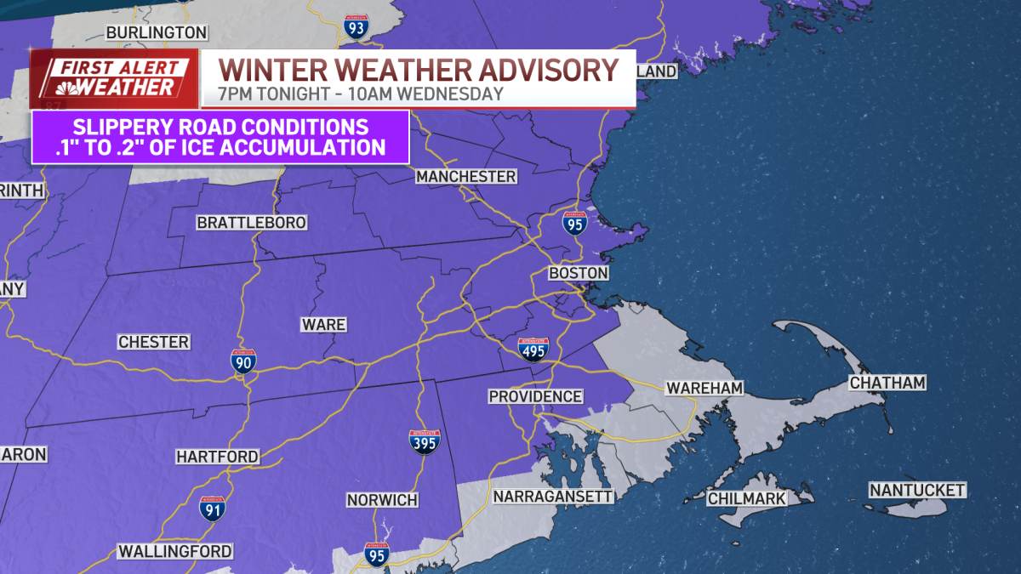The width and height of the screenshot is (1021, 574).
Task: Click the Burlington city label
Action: [x=156, y=32]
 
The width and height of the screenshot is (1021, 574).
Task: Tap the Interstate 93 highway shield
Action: [x=357, y=26]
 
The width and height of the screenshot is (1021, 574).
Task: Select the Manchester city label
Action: [x=465, y=177]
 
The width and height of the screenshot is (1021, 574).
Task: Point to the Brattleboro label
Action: [x=251, y=223]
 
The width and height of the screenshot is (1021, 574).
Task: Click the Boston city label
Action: [x=579, y=273]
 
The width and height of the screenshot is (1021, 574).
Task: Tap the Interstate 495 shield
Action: [x=533, y=349]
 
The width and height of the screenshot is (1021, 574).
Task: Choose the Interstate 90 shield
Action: [x=242, y=361]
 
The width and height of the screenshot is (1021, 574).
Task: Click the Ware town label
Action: [x=323, y=325]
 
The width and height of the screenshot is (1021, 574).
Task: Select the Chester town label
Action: [x=153, y=342]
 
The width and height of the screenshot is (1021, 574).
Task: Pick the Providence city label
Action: [x=535, y=396]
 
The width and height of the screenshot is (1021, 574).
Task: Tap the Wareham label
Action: [x=704, y=388]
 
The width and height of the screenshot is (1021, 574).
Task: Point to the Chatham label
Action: [x=887, y=384]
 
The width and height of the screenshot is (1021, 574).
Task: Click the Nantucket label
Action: [x=917, y=491]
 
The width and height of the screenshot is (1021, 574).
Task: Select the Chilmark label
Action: [x=747, y=498]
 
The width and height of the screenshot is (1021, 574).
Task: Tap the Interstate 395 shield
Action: [x=425, y=441]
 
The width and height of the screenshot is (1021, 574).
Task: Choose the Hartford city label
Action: [x=217, y=457]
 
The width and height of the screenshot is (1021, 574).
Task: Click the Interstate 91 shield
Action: [x=213, y=509]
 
